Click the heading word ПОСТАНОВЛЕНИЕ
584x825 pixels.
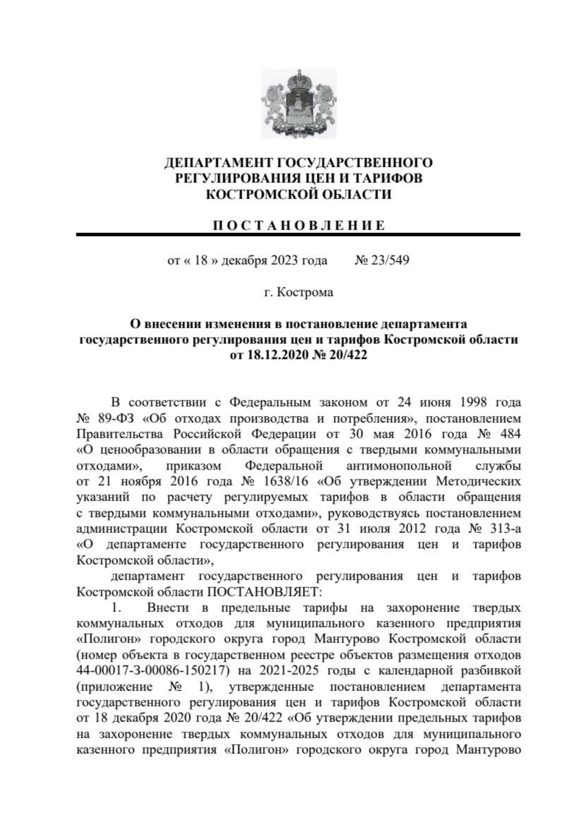coord(298,225)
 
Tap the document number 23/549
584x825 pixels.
coord(389,261)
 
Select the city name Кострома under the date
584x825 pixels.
coord(305,293)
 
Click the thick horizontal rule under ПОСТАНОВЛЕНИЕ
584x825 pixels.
coord(298,235)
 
